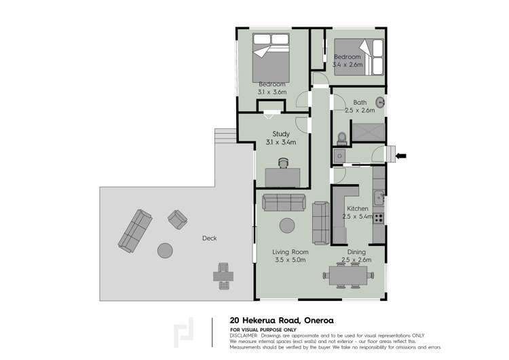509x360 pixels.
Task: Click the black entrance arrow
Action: pos(401,156)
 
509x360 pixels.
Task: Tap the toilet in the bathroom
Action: pos(342,139)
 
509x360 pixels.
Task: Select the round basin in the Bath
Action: pos(380,103)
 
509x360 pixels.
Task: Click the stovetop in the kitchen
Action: pos(378,217)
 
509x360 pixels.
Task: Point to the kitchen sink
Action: pos(379,198)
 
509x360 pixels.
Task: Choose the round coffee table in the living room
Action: pos(287,226)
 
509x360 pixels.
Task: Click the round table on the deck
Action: pos(165,251)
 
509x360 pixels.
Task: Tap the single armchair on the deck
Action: pos(178,219)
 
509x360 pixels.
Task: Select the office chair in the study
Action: pos(284,163)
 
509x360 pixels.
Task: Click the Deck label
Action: pos(210,238)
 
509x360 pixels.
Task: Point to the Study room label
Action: pos(281,134)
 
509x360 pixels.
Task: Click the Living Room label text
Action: pos(290,252)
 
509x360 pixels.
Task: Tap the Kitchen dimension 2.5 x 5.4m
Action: pos(357,217)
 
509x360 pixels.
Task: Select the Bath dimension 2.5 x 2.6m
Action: pos(360,111)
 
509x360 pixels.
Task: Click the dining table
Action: pos(348,276)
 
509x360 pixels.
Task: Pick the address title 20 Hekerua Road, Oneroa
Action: pos(282,321)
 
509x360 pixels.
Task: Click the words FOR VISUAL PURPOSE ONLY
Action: pos(263,330)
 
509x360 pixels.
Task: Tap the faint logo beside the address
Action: pos(183,332)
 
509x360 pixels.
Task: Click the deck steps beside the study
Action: pos(225,135)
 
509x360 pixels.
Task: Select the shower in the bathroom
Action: pos(369,132)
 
